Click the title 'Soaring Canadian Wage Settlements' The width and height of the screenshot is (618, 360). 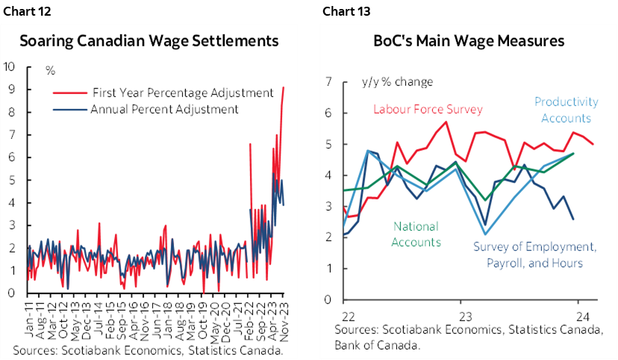pyautogui.click(x=149, y=40)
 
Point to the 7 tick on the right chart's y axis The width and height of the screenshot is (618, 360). pyautogui.click(x=327, y=81)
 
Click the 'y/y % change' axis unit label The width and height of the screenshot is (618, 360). pyautogui.click(x=397, y=81)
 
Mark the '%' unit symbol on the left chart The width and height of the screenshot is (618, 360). pyautogui.click(x=51, y=71)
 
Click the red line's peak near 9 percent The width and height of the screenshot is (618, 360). pyautogui.click(x=284, y=87)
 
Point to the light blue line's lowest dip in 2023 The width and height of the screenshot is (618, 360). pyautogui.click(x=484, y=234)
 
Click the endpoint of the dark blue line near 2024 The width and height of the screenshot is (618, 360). pyautogui.click(x=572, y=219)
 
